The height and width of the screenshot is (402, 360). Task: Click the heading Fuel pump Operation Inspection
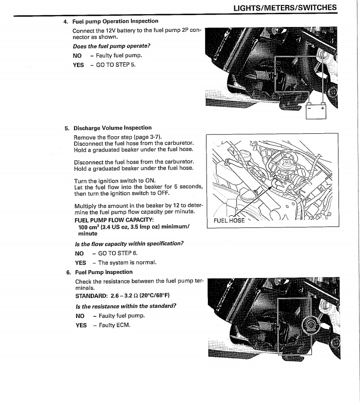pyautogui.click(x=115, y=22)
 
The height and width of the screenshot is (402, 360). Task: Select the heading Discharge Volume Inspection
pyautogui.click(x=112, y=128)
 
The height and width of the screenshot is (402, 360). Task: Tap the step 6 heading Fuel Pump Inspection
pyautogui.click(x=103, y=272)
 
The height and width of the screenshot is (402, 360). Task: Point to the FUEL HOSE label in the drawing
pyautogui.click(x=229, y=221)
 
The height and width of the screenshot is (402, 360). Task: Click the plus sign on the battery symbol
pyautogui.click(x=322, y=110)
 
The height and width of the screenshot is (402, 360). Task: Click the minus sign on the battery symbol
pyautogui.click(x=309, y=110)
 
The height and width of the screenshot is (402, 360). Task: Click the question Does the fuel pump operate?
pyautogui.click(x=111, y=46)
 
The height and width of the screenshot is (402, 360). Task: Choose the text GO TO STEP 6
pyautogui.click(x=118, y=253)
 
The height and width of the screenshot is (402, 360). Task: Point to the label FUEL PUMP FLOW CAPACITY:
pyautogui.click(x=107, y=219)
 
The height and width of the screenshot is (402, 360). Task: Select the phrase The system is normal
pyautogui.click(x=127, y=262)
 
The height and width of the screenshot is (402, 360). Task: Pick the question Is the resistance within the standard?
pyautogui.click(x=126, y=306)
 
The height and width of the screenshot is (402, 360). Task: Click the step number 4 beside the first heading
pyautogui.click(x=66, y=22)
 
